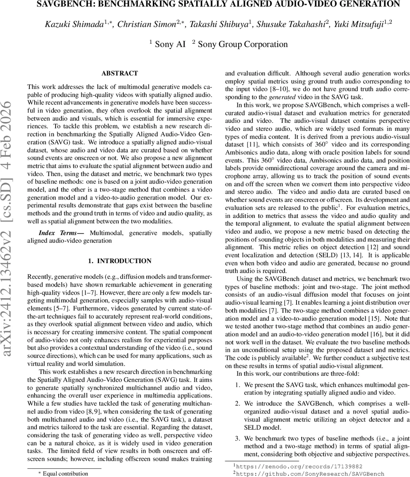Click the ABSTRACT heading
coord(119,74)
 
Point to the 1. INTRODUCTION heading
coord(119,261)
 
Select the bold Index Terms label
coord(61,233)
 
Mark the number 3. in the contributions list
coord(237,438)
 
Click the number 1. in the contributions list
coord(237,385)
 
